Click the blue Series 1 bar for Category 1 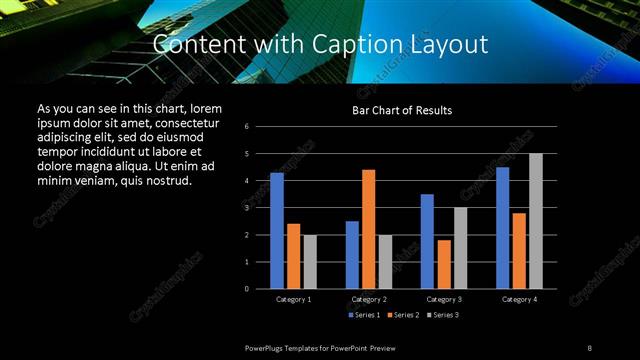click(277, 230)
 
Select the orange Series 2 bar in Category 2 click(368, 229)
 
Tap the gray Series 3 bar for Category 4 click(535, 221)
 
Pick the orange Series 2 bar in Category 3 click(443, 264)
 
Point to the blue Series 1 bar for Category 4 click(502, 227)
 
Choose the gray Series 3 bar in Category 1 click(310, 261)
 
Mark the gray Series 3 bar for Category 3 click(460, 248)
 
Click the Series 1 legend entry click(363, 315)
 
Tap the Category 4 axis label click(519, 299)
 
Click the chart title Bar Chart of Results click(402, 109)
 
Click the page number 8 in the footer click(590, 347)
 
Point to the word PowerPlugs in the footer click(265, 347)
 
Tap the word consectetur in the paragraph click(182, 120)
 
